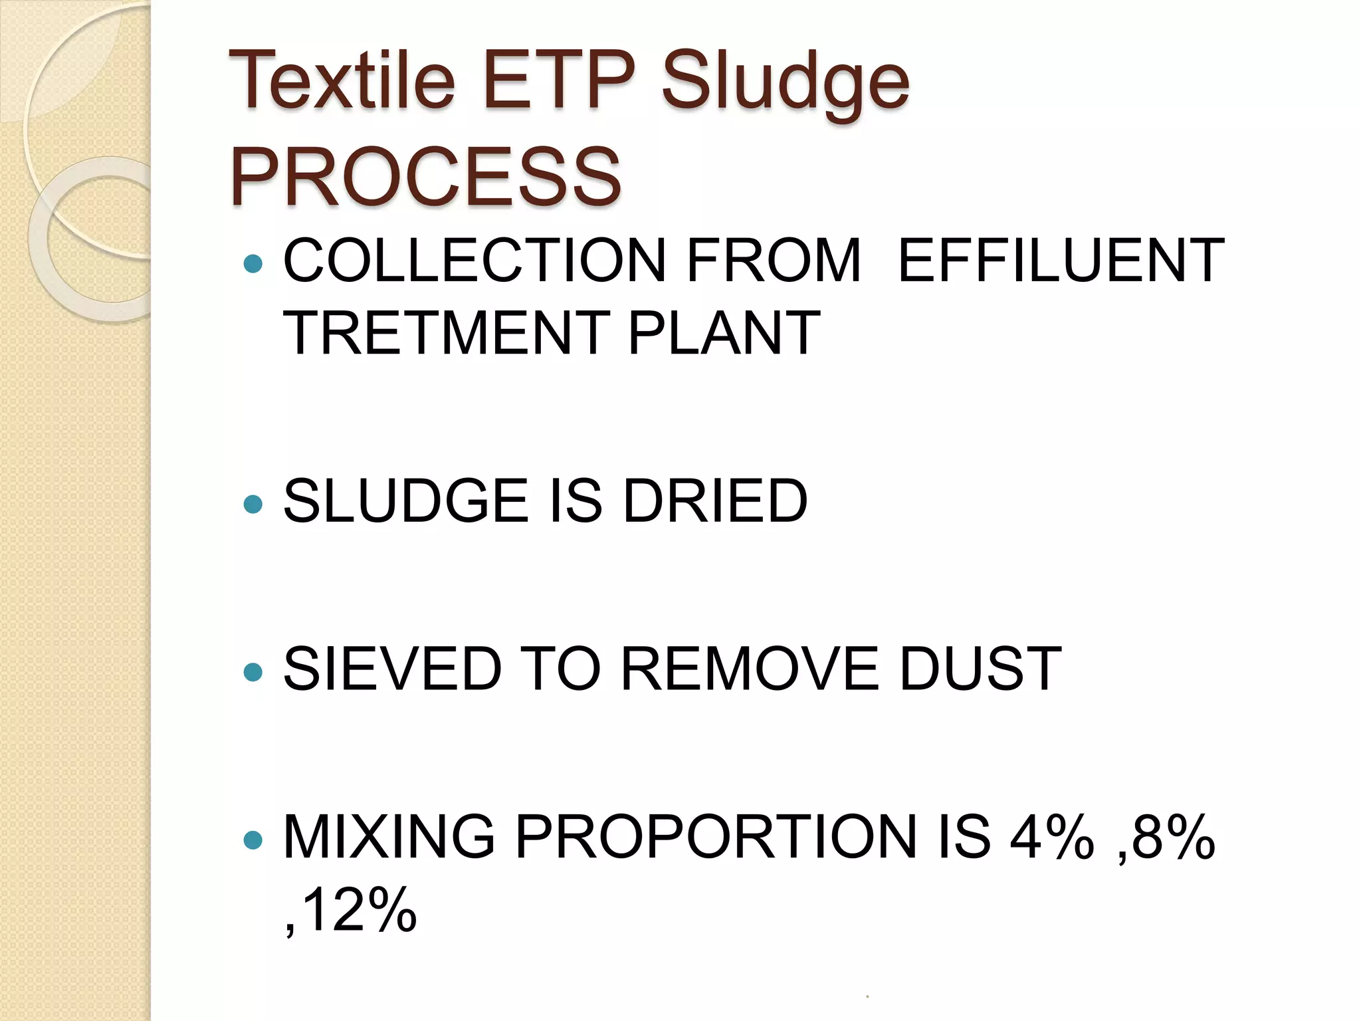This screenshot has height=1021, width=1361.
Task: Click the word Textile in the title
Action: (x=342, y=81)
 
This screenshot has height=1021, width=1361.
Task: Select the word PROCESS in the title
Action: (x=425, y=177)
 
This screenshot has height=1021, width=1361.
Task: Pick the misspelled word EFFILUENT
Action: (x=1061, y=261)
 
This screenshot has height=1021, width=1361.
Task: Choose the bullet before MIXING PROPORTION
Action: (x=253, y=840)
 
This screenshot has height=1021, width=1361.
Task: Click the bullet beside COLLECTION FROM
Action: (x=253, y=264)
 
